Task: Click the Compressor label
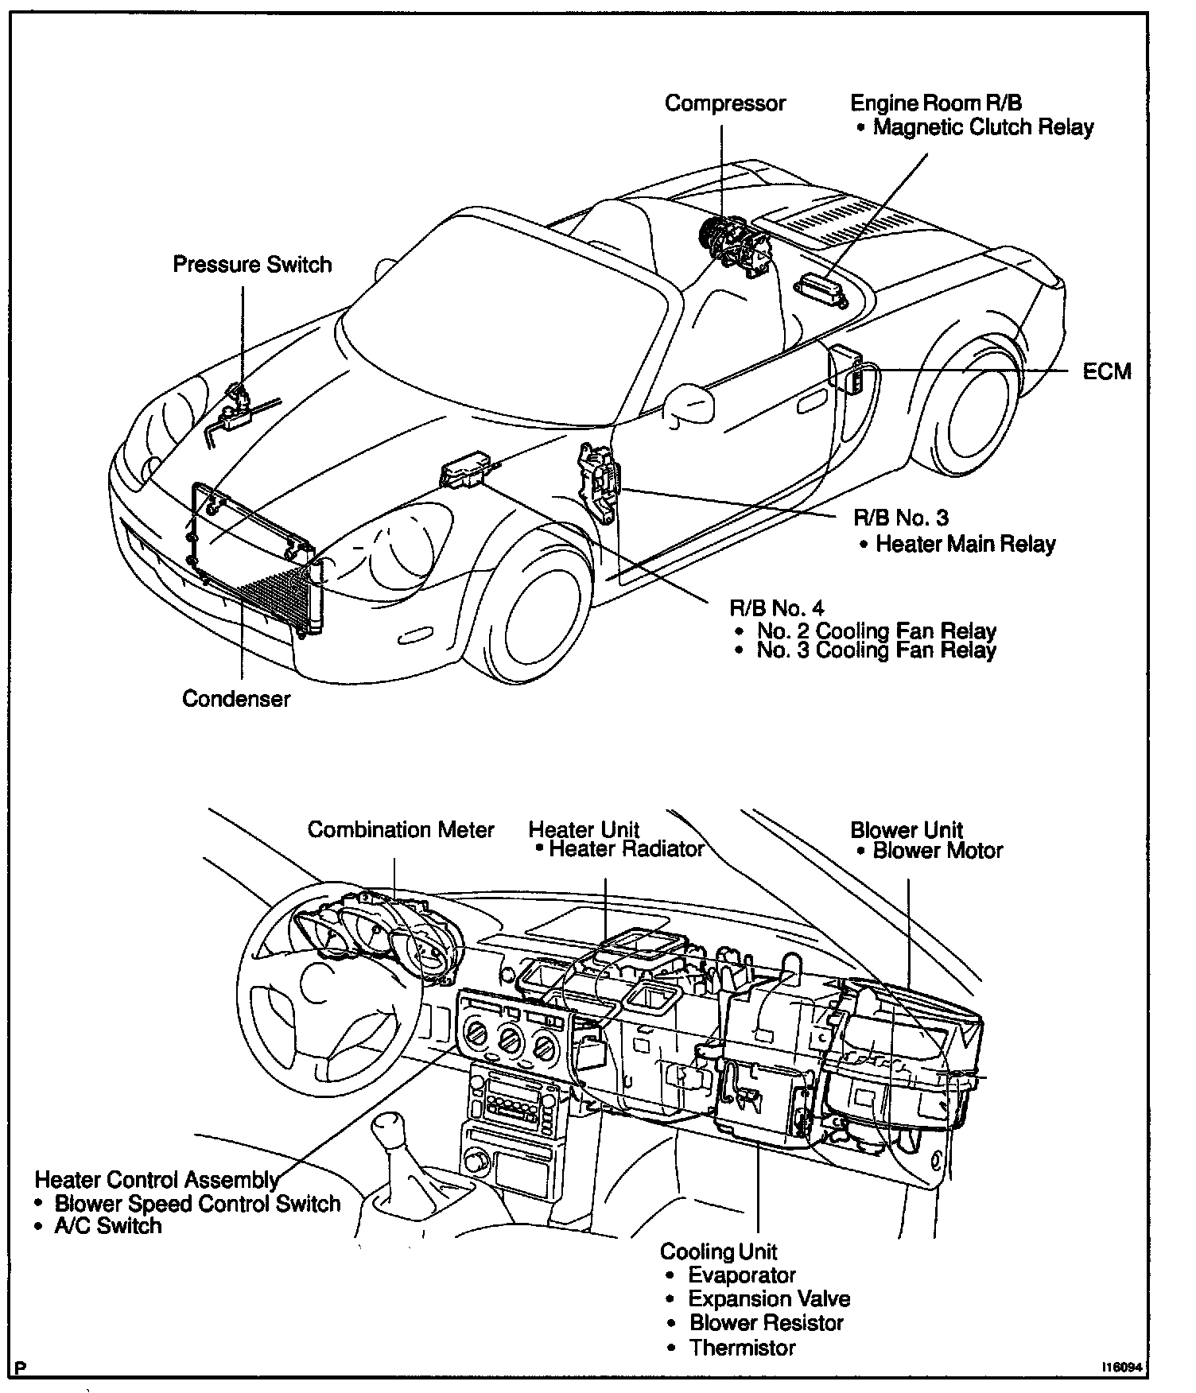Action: (724, 103)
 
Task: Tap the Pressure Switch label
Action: (252, 265)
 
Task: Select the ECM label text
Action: (1106, 371)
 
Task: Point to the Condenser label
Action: (236, 699)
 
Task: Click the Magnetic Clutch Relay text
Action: (983, 127)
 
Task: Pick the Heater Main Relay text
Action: (965, 545)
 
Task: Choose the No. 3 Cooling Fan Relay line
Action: (876, 650)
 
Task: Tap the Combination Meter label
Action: (401, 830)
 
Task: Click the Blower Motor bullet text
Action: (938, 851)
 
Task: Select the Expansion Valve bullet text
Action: (769, 1299)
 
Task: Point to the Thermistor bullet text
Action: (742, 1348)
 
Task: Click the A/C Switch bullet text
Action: (107, 1226)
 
